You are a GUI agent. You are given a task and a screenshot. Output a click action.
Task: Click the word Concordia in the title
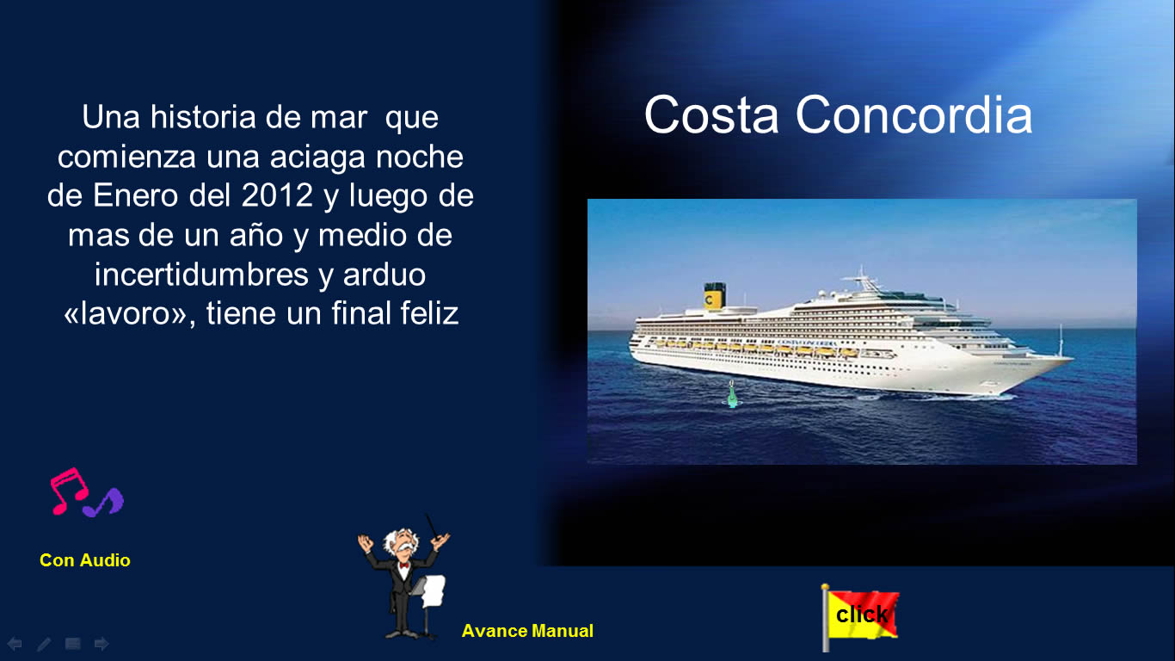[914, 114]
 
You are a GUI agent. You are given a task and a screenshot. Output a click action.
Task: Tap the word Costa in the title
[711, 114]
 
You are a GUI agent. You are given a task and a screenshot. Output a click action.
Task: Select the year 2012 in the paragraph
[277, 195]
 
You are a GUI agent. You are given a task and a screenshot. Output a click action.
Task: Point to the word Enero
[136, 195]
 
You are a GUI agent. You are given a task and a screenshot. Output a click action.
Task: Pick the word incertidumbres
[201, 274]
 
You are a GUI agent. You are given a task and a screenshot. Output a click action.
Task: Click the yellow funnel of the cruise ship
[714, 296]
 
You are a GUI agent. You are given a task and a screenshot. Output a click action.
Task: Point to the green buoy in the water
[732, 394]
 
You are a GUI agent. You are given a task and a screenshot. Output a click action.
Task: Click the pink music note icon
[69, 491]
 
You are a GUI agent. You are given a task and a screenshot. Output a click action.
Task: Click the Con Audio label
[85, 560]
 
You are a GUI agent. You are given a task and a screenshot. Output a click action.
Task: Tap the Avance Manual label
[527, 631]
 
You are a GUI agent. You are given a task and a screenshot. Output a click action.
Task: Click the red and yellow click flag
[859, 615]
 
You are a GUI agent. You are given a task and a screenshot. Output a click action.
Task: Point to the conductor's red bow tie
[403, 565]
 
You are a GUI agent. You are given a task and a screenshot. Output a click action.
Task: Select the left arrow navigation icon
[15, 644]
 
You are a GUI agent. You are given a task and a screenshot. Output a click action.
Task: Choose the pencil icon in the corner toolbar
[44, 644]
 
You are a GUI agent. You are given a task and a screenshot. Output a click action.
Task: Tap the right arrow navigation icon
[102, 644]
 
